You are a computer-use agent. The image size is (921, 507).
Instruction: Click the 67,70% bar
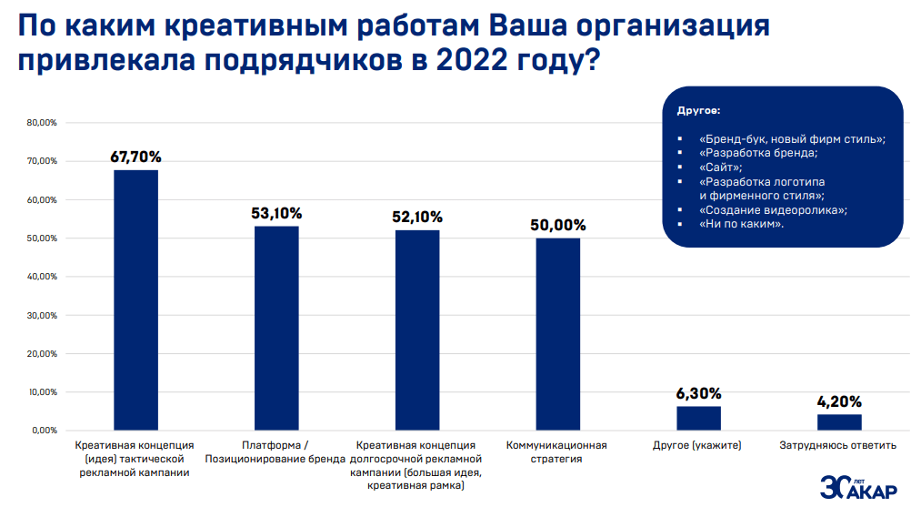click(135, 300)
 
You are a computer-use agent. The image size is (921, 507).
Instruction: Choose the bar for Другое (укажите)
click(698, 418)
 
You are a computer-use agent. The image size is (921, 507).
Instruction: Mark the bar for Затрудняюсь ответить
click(839, 421)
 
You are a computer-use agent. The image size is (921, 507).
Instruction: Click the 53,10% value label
click(276, 214)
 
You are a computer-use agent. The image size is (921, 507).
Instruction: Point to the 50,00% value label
click(557, 225)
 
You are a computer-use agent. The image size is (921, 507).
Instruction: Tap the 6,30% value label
click(698, 393)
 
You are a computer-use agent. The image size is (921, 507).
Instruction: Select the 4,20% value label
click(839, 401)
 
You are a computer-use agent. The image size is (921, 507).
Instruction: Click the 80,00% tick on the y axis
click(42, 123)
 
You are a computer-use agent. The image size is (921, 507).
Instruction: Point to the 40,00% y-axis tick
click(42, 277)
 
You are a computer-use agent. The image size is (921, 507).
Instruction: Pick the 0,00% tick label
click(45, 430)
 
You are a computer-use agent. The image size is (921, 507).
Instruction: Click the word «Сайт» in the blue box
click(721, 167)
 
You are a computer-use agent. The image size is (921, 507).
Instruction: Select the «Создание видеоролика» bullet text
click(773, 209)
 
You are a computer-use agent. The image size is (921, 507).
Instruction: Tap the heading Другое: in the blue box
click(698, 110)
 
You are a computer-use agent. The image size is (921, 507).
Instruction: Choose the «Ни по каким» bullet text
click(742, 224)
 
